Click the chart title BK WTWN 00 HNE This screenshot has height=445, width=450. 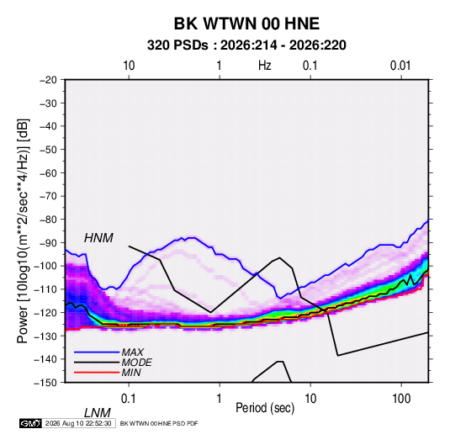pos(246,24)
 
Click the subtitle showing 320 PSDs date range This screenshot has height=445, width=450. pos(246,45)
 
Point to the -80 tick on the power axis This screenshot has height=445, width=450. pos(48,220)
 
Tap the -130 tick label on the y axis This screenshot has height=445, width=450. pos(45,336)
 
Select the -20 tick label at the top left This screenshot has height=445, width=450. pos(48,80)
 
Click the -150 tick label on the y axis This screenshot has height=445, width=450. pos(45,383)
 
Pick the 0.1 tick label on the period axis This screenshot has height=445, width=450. pos(129,399)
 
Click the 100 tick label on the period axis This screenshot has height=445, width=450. pos(401,399)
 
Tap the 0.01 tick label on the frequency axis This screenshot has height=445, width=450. pos(400,66)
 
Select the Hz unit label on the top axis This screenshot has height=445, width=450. pos(265,66)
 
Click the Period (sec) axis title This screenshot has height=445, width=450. pos(265,408)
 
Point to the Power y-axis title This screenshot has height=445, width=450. pos(23,231)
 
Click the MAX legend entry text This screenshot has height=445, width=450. pos(132,352)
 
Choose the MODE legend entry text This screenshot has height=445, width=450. pos(136,363)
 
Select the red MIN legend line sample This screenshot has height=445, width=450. pos(97,373)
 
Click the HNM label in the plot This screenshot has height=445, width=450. pos(98,238)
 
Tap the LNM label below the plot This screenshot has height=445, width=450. pos(97,413)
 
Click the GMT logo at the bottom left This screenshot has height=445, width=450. pos(30,423)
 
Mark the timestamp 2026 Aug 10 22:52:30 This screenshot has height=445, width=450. pos(78,423)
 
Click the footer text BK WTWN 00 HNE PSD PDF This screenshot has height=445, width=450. pos(159,423)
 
